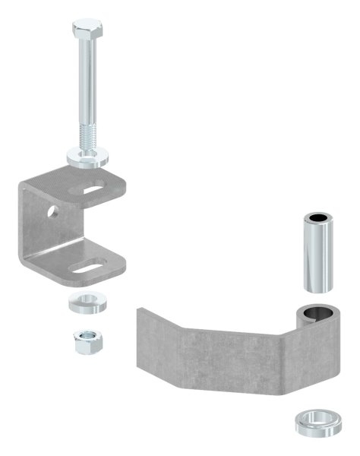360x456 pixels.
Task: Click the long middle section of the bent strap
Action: pos(228,357)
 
